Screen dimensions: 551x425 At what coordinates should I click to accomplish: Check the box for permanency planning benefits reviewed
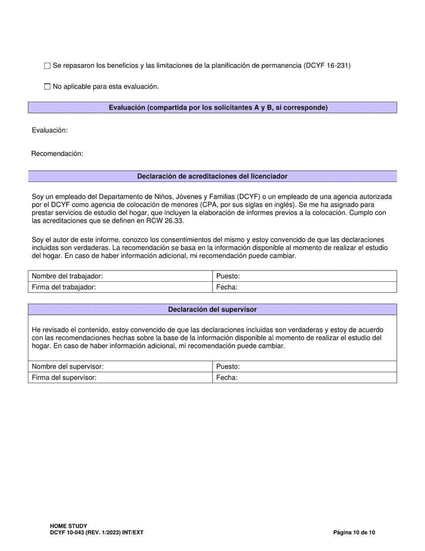47,66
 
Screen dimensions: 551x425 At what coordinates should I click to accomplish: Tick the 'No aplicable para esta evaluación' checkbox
47,87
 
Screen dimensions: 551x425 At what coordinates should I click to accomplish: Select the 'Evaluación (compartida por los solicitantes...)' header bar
212,108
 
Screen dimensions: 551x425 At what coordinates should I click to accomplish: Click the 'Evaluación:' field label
50,130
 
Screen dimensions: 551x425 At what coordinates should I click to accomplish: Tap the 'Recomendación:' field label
57,154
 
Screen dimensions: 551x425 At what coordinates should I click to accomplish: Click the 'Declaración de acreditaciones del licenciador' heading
212,176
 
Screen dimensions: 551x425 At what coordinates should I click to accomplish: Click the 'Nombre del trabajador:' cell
120,276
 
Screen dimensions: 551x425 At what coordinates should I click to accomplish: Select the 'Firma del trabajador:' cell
120,287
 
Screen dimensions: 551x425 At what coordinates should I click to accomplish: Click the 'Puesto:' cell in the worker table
304,276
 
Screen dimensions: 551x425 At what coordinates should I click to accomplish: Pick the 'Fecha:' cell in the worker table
304,287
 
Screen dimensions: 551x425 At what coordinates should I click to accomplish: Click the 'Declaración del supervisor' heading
212,310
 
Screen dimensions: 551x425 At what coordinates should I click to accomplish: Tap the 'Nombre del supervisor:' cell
120,366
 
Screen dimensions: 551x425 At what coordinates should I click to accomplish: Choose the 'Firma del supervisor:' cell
120,378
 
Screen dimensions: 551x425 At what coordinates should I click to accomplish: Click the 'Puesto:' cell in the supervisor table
304,366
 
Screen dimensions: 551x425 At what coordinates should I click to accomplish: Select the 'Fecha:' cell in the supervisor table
304,378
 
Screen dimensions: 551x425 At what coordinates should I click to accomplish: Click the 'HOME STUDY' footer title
68,526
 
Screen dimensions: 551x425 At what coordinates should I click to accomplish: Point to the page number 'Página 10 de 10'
354,533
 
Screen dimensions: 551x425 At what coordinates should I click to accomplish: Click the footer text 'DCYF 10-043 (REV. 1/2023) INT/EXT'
97,533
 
